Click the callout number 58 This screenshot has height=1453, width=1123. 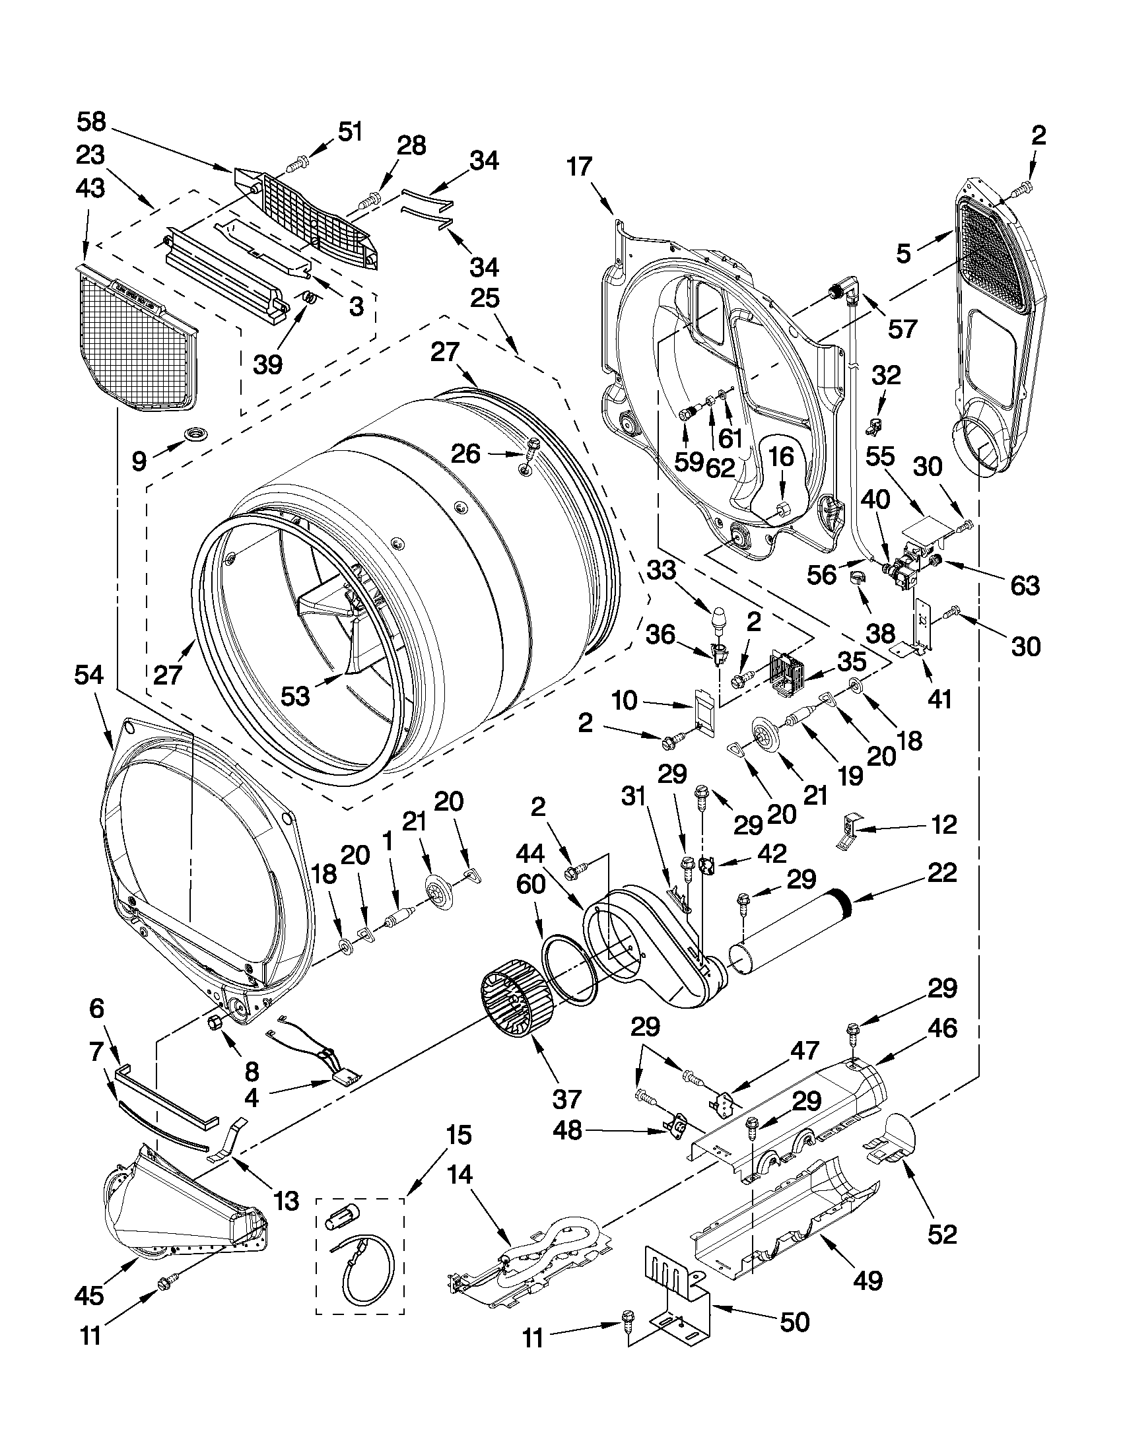pyautogui.click(x=91, y=122)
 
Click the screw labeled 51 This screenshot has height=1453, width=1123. pyautogui.click(x=297, y=161)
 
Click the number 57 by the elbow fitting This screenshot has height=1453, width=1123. pyautogui.click(x=902, y=329)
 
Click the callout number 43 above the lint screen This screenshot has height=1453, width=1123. pyautogui.click(x=90, y=188)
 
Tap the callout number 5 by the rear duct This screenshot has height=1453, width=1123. pyautogui.click(x=902, y=254)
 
